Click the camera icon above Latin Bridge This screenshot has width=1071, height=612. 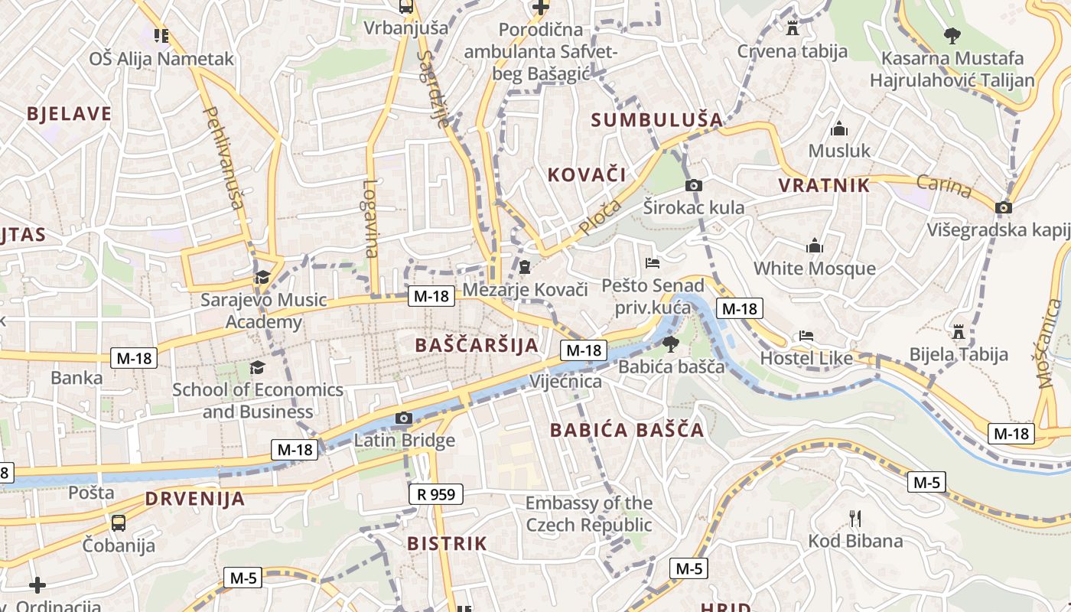[404, 418]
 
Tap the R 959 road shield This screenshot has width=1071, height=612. [436, 494]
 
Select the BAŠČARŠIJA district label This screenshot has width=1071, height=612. [477, 345]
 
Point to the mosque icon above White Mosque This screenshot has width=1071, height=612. [815, 246]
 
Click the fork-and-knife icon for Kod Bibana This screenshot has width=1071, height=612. [855, 519]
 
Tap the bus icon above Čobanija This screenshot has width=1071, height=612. [119, 523]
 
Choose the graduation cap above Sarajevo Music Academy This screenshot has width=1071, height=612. [262, 277]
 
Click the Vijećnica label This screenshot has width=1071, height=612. [565, 381]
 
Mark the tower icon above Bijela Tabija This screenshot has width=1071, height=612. [958, 332]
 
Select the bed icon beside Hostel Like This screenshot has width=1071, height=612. [806, 335]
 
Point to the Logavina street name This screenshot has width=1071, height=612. [371, 218]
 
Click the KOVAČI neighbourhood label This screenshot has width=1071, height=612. [587, 174]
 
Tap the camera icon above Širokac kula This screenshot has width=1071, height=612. [694, 185]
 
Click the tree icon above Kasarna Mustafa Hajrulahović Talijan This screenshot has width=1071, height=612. [952, 34]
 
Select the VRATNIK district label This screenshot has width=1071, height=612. [824, 185]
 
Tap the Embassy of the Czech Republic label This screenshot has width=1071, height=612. [588, 514]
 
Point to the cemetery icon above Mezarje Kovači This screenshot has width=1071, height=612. [525, 267]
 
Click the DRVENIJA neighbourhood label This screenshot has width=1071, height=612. [195, 499]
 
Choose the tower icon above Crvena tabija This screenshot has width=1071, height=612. [793, 28]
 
